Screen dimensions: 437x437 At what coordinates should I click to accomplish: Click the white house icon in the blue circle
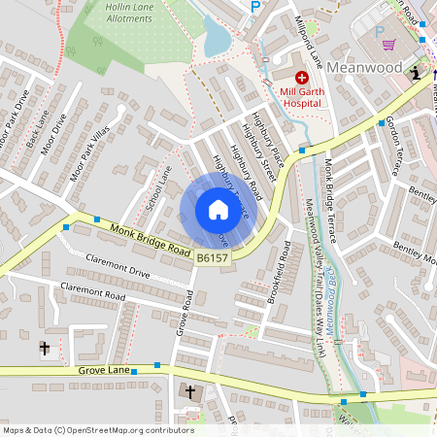pos(218,210)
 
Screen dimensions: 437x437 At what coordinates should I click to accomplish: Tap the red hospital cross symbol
pos(302,77)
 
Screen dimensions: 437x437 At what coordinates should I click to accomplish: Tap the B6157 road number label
pos(212,257)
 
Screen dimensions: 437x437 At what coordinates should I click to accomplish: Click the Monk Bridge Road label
pos(149,240)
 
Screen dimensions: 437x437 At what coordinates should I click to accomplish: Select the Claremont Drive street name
pos(118,266)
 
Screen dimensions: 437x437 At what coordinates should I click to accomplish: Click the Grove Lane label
pos(103,371)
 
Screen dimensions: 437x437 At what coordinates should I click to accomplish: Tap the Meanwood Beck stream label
pos(334,305)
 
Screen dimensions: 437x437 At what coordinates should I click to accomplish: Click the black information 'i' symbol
pos(417,73)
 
